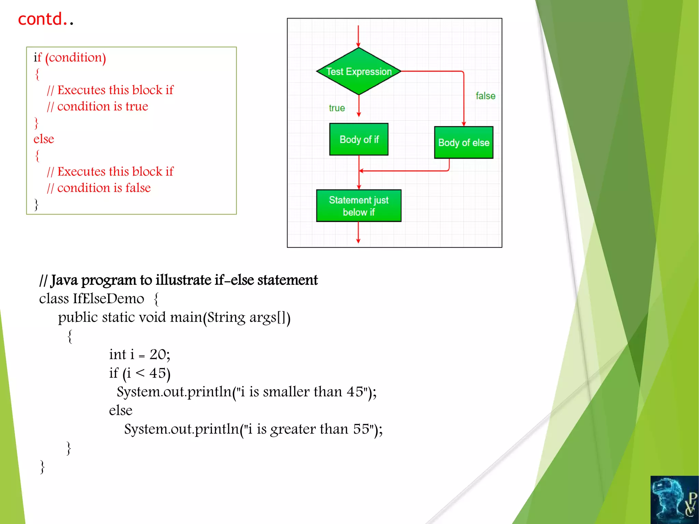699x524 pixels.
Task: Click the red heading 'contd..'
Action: [46, 19]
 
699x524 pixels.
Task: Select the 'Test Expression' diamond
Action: [359, 71]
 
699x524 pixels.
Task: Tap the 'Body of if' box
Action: [359, 139]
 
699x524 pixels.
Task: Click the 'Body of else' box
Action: [463, 143]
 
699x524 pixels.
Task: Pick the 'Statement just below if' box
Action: [359, 206]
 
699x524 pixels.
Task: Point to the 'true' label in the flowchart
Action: [337, 108]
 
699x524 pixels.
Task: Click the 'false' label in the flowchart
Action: [485, 96]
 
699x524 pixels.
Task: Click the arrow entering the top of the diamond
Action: [358, 36]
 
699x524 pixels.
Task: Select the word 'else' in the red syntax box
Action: [44, 139]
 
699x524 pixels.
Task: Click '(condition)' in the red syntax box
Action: [75, 58]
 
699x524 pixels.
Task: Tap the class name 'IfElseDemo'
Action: [109, 299]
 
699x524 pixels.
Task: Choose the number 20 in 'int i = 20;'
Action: [158, 354]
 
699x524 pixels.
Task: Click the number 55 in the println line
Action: [361, 429]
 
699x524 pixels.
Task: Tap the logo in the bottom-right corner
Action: [674, 500]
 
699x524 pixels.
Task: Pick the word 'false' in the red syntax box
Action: [138, 188]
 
